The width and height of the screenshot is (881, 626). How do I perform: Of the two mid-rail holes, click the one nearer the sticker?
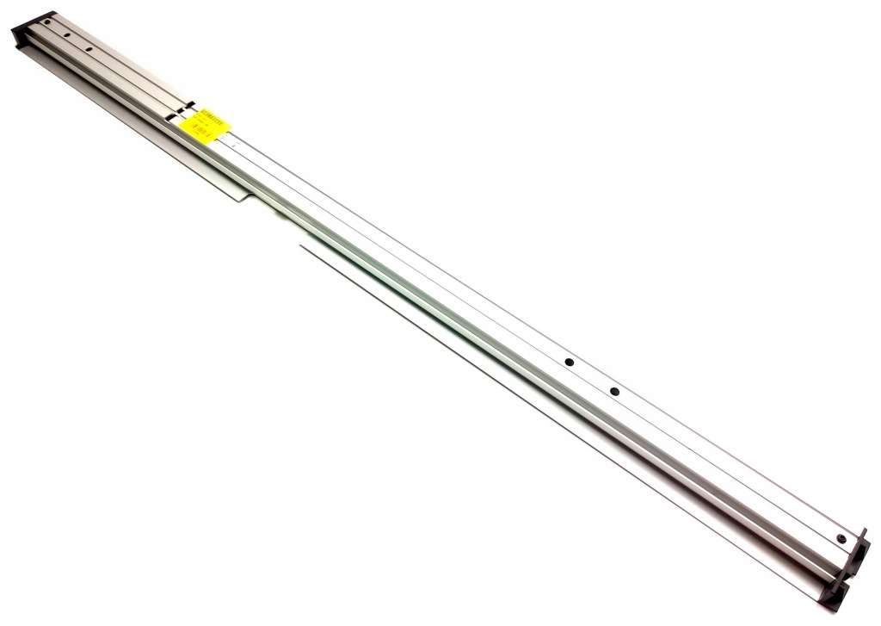(x=569, y=363)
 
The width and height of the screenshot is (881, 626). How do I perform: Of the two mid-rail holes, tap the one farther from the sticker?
(x=614, y=392)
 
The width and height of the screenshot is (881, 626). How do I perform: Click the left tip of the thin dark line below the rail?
(x=301, y=246)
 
